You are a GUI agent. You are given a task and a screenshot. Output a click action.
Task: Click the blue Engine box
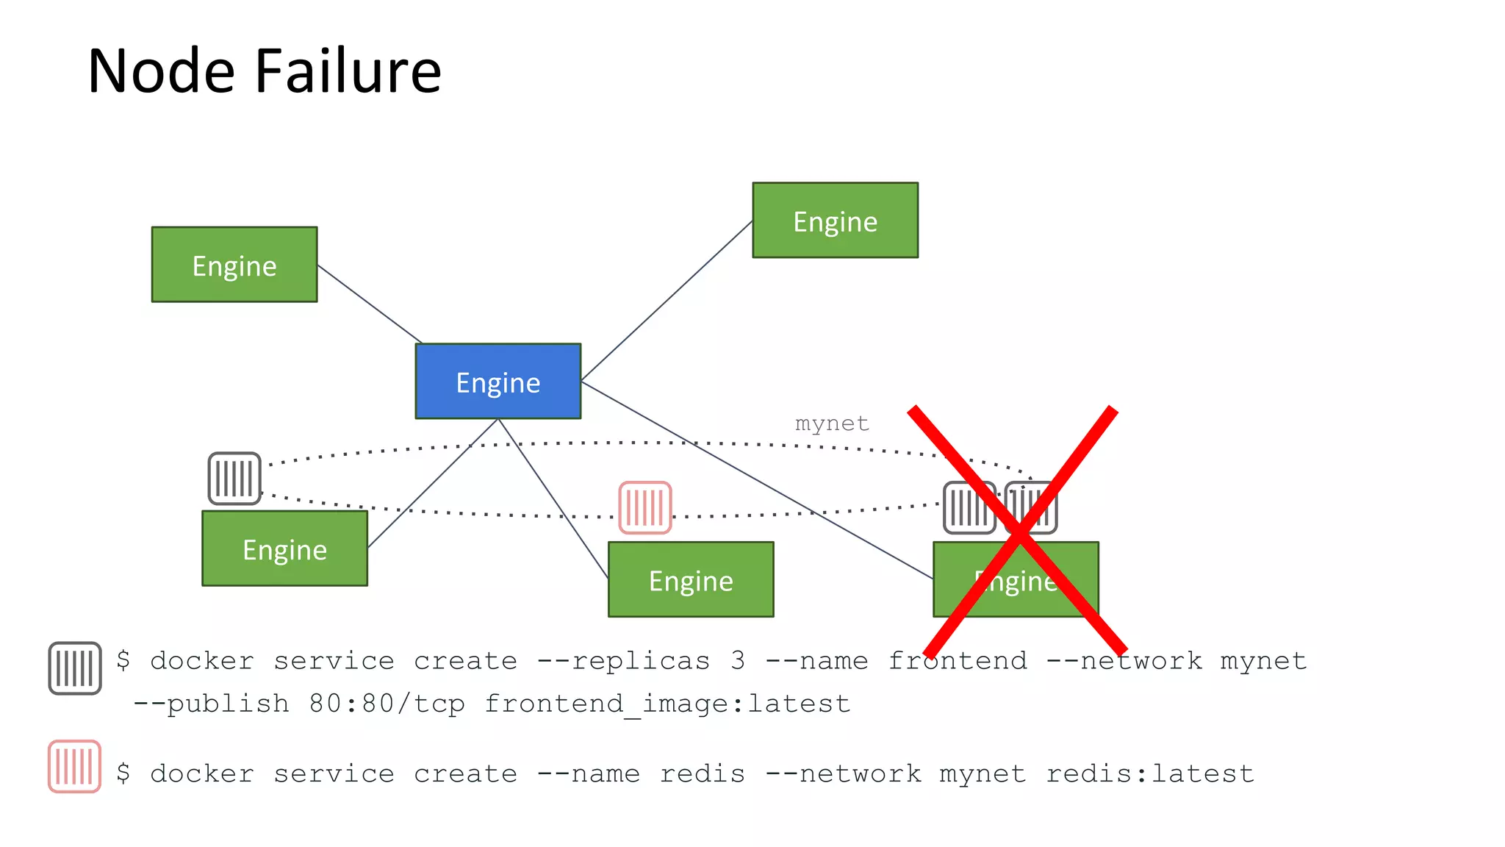click(x=498, y=381)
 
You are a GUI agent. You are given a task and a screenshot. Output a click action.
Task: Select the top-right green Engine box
click(x=835, y=220)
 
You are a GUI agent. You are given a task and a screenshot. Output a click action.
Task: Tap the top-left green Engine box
click(x=234, y=264)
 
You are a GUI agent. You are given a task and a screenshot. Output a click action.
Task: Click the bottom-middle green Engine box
click(x=690, y=579)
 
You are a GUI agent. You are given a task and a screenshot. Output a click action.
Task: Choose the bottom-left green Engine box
click(x=284, y=548)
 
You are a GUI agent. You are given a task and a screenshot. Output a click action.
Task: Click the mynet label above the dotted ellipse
click(x=831, y=423)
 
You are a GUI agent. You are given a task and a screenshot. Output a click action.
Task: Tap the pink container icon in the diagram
click(x=644, y=507)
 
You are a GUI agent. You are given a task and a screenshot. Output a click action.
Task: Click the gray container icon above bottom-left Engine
click(x=234, y=479)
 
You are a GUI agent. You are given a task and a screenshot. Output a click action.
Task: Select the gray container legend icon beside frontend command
click(x=74, y=668)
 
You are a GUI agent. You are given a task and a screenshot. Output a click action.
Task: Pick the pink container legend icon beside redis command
click(x=74, y=766)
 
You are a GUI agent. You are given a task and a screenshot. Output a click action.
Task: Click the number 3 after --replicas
click(x=737, y=660)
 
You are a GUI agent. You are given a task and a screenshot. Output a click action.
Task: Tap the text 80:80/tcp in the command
click(x=387, y=704)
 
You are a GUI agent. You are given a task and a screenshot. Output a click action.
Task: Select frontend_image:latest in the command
click(x=667, y=704)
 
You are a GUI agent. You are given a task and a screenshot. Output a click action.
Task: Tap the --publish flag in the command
click(x=211, y=704)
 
